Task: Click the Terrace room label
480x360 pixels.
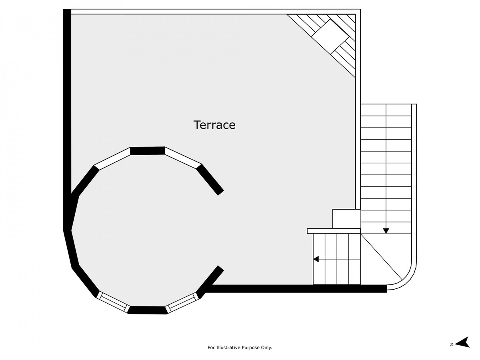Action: tap(214, 125)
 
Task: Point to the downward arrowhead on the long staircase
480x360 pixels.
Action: tap(386, 231)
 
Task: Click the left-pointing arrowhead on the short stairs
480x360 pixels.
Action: tap(316, 259)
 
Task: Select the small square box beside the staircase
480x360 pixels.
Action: tap(346, 219)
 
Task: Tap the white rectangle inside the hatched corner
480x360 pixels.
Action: tap(330, 36)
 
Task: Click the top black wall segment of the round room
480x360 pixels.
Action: tap(147, 151)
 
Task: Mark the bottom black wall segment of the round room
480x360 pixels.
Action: tap(148, 310)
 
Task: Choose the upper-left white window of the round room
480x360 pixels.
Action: tap(112, 158)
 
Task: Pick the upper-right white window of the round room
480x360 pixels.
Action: tap(183, 158)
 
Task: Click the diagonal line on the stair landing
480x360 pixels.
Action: tap(381, 257)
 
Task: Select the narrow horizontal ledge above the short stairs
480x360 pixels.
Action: tap(334, 231)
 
